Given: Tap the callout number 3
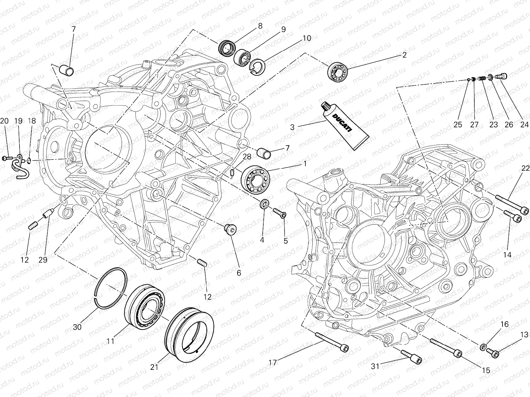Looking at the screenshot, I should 292,127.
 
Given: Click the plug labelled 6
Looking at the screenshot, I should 231,228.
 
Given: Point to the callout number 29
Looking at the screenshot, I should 43,260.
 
